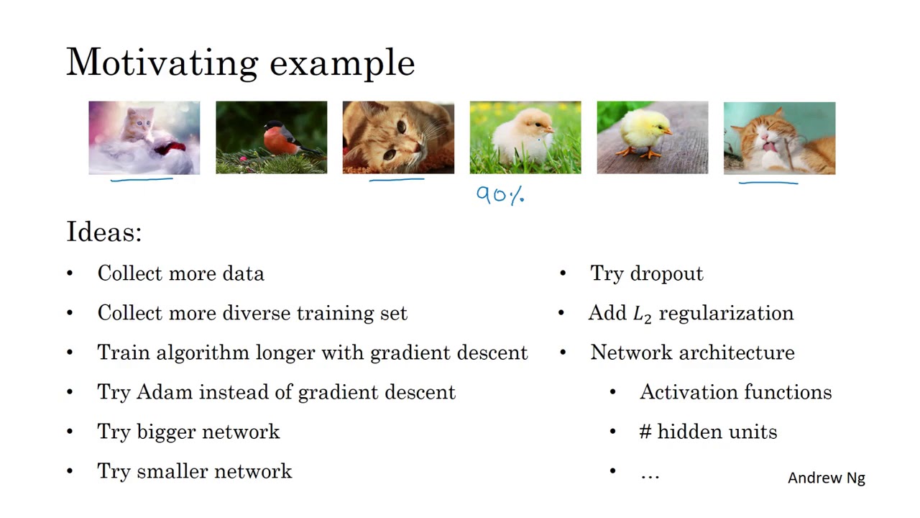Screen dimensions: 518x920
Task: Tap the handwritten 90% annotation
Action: [x=501, y=195]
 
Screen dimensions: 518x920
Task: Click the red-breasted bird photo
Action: [x=271, y=137]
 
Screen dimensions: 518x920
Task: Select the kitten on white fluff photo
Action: [x=144, y=137]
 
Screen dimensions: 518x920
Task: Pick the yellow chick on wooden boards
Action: [x=652, y=137]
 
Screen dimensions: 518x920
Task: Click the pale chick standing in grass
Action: [x=525, y=137]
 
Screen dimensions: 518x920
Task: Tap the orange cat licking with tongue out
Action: [x=779, y=137]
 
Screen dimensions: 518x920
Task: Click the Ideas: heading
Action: [x=104, y=232]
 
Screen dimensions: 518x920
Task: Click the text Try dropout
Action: [x=646, y=273]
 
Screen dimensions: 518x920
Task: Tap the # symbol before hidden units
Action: [x=645, y=432]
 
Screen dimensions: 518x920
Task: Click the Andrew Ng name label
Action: [x=826, y=478]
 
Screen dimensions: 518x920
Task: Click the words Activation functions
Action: [x=735, y=392]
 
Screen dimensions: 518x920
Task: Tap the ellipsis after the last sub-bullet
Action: [x=650, y=475]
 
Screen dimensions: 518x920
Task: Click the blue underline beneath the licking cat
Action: [x=768, y=183]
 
